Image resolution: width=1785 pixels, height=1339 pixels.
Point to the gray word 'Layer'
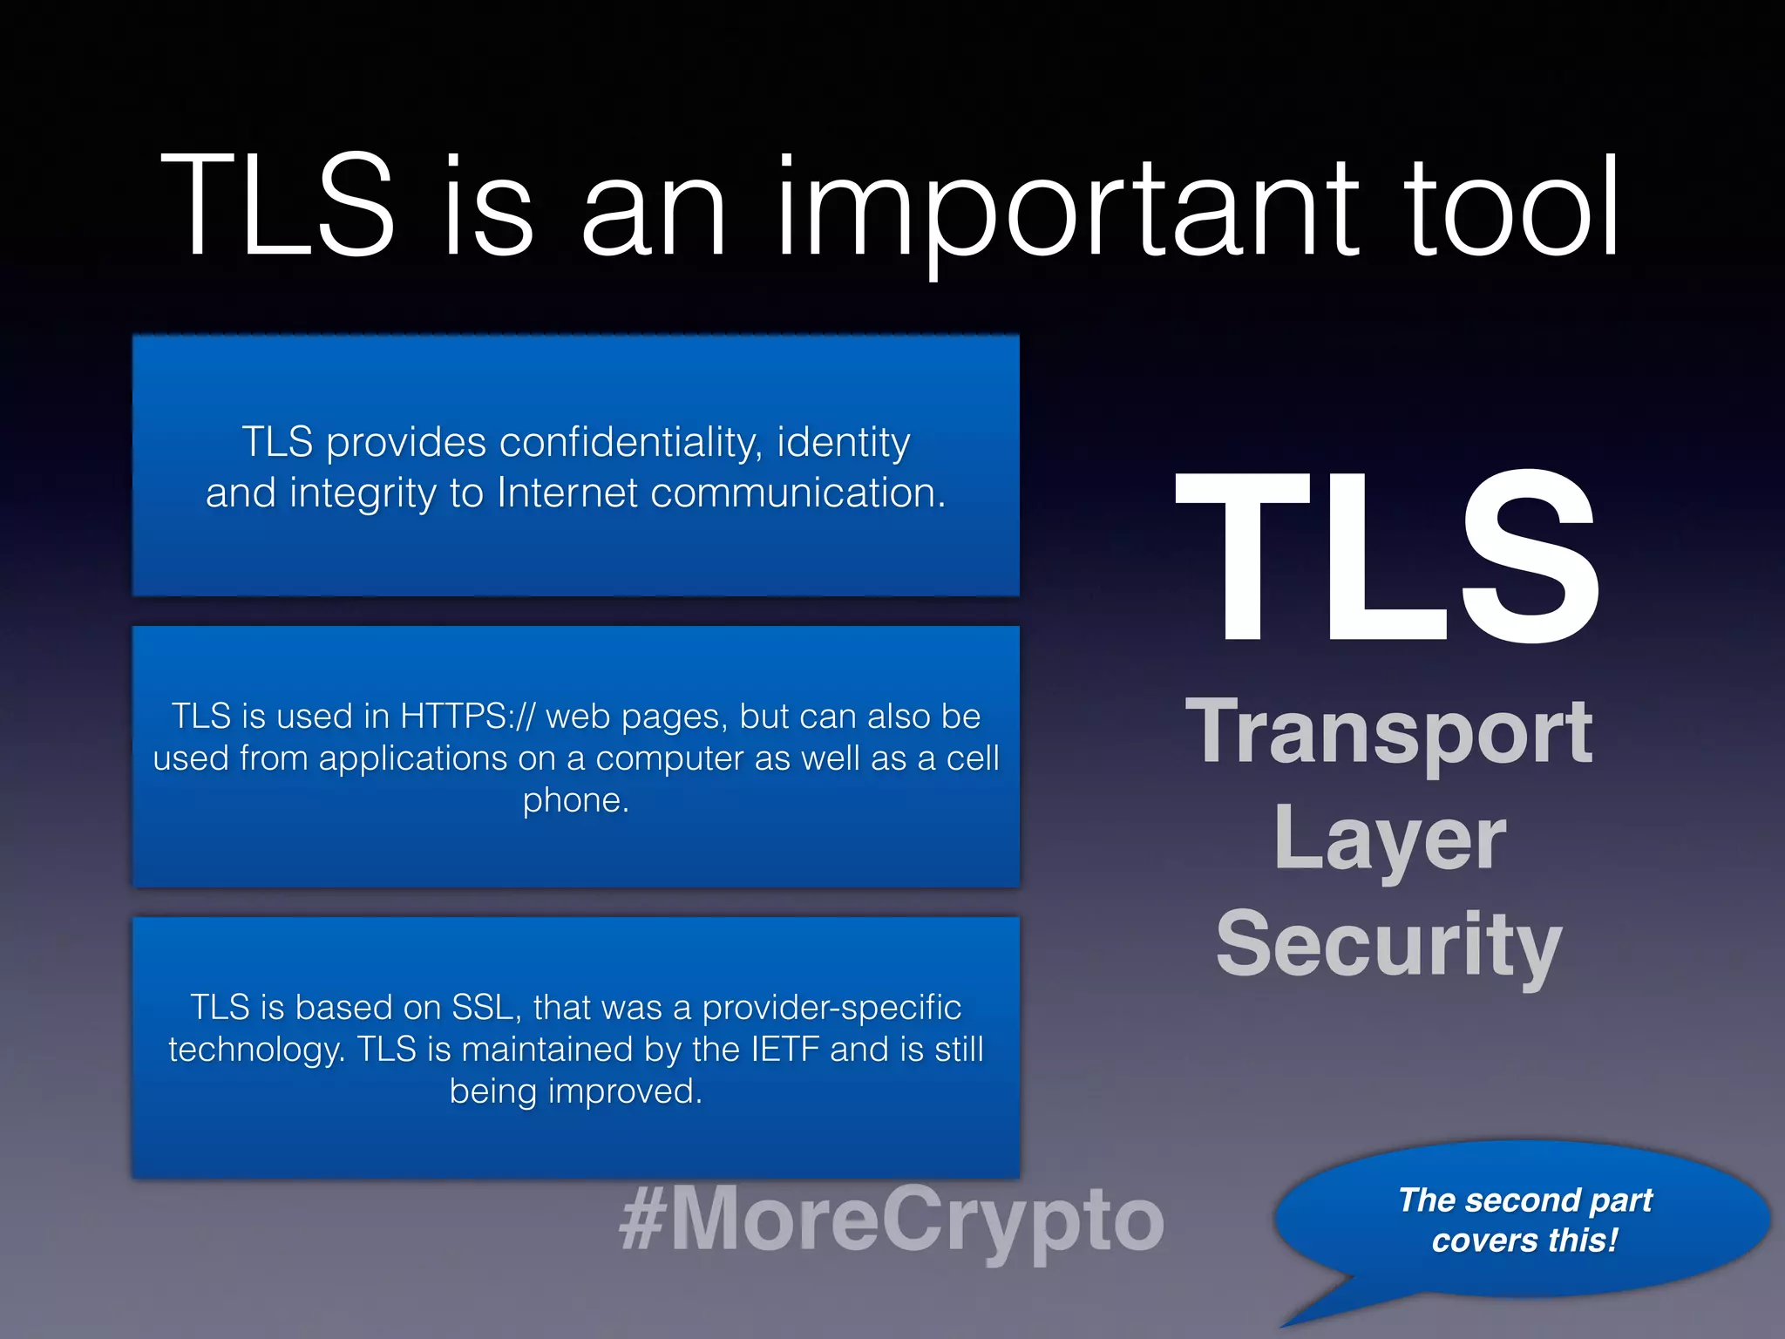pyautogui.click(x=1389, y=838)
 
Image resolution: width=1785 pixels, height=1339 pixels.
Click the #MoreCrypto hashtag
pyautogui.click(x=891, y=1219)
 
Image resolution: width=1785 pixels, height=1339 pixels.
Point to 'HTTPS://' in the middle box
pyautogui.click(x=466, y=717)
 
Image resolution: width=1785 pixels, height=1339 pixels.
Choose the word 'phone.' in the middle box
pyautogui.click(x=575, y=800)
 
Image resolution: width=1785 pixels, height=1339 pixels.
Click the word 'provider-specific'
pyautogui.click(x=831, y=1008)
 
